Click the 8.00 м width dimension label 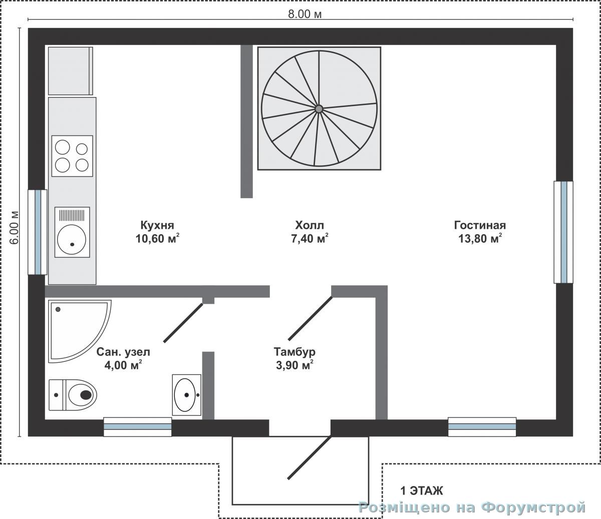coord(305,14)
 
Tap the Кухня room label coord(157,225)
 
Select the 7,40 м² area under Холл coord(310,238)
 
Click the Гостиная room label coord(480,225)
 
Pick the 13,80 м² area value coord(480,238)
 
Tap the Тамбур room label coord(294,352)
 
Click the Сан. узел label coord(123,352)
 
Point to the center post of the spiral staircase coord(319,109)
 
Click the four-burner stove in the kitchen coord(72,156)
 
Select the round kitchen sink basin coord(72,240)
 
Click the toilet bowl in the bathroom coord(82,395)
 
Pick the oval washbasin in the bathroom coord(185,395)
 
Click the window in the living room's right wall coord(563,232)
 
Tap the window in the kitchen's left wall coord(38,232)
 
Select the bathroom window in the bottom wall coord(138,427)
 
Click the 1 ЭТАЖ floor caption coord(422,491)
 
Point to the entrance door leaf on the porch coord(310,457)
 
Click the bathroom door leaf coord(183,322)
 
